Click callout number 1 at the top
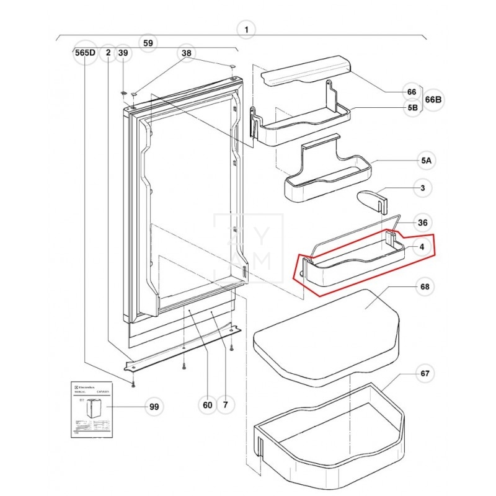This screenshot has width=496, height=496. pyautogui.click(x=246, y=29)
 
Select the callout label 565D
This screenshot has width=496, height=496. pyautogui.click(x=84, y=53)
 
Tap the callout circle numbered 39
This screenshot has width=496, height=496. pyautogui.click(x=123, y=53)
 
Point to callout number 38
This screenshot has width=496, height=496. pyautogui.click(x=187, y=53)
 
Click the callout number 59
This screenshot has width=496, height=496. pyautogui.click(x=148, y=43)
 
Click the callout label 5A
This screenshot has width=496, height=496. pyautogui.click(x=426, y=161)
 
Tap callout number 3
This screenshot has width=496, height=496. pyautogui.click(x=422, y=187)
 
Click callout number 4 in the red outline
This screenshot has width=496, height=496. pyautogui.click(x=422, y=247)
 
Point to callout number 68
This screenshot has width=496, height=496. pyautogui.click(x=424, y=286)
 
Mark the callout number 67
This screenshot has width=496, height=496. pyautogui.click(x=424, y=374)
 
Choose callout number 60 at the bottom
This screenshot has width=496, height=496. pyautogui.click(x=207, y=405)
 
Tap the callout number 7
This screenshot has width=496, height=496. pyautogui.click(x=225, y=405)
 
